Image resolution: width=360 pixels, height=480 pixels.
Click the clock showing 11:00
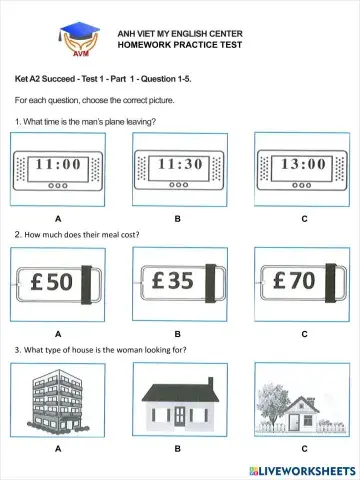(59, 165)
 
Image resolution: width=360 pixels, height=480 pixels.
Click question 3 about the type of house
(100, 350)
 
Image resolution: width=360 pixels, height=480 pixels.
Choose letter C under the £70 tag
(304, 334)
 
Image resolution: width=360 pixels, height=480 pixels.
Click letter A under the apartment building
(58, 449)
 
